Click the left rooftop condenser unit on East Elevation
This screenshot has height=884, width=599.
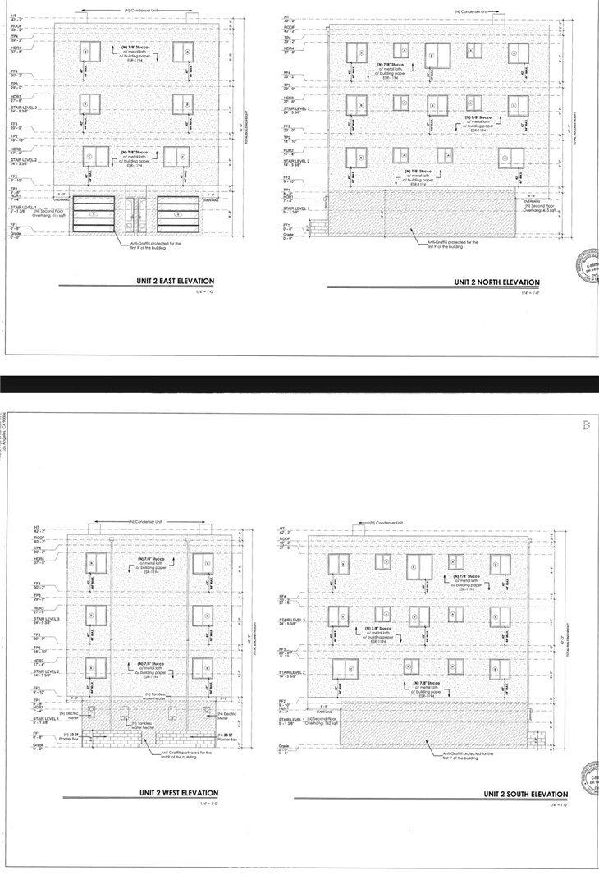click(82, 17)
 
